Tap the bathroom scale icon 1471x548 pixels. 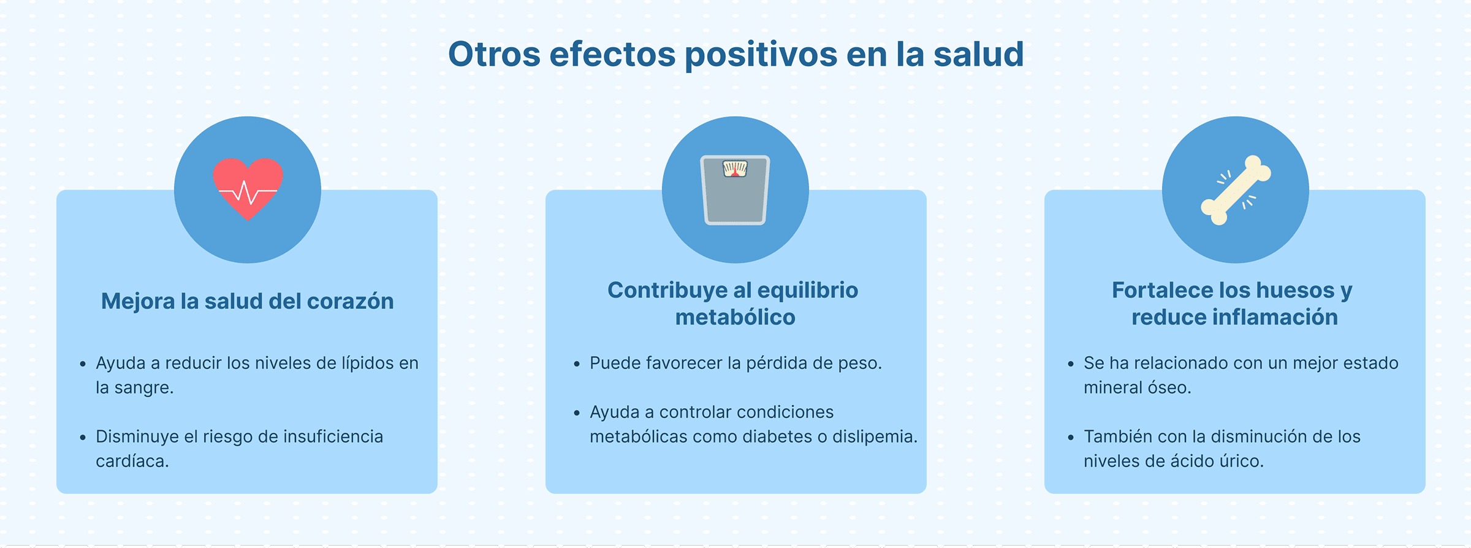(735, 190)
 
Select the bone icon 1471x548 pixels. (1236, 190)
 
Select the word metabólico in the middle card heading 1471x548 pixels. (735, 318)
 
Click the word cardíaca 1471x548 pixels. (132, 461)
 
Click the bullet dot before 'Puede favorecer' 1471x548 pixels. (577, 364)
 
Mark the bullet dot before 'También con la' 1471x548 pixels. (1071, 438)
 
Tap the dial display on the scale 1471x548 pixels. (735, 169)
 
